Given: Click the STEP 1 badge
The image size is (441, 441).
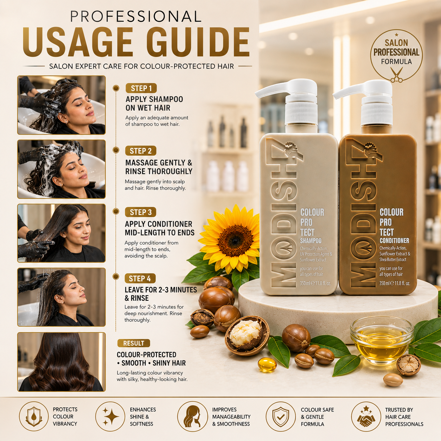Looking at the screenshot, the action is click(x=141, y=88).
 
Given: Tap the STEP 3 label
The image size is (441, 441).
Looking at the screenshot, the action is click(x=141, y=212).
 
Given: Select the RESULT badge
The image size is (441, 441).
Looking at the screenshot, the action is click(x=134, y=343).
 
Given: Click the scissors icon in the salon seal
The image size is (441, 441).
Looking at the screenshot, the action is click(x=396, y=75).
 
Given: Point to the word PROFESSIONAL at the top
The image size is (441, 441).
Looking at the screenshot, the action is click(x=136, y=16).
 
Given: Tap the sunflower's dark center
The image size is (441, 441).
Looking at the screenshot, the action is click(x=235, y=240).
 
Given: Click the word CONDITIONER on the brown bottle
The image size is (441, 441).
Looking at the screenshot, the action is click(x=394, y=241).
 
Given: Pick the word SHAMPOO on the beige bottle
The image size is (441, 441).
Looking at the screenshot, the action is click(x=311, y=241).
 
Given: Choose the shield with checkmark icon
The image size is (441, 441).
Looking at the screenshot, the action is click(x=281, y=416).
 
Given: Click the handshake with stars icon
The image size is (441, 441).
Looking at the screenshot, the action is click(x=366, y=416).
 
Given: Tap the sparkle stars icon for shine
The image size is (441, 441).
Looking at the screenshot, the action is click(x=110, y=416).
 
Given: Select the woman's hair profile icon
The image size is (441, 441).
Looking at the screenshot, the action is click(x=192, y=416).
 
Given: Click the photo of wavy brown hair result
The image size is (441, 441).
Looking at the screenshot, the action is click(x=61, y=362).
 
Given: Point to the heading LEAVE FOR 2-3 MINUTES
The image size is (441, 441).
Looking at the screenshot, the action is click(x=161, y=290).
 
